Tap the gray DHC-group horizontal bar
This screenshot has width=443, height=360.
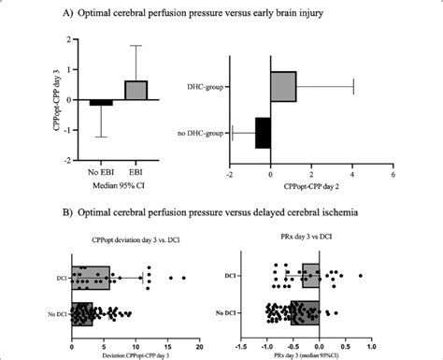click(x=283, y=85)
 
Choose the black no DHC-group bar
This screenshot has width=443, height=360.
click(x=263, y=132)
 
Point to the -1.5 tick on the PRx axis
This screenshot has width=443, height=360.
click(x=241, y=341)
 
